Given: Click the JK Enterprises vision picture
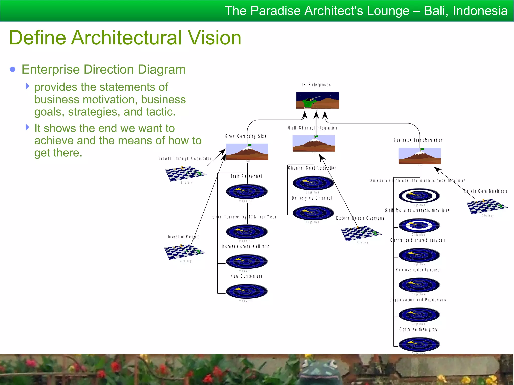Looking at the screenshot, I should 317,100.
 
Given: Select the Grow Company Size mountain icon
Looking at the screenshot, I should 247,152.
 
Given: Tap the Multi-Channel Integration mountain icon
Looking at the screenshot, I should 314,143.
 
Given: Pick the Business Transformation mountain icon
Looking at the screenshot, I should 420,156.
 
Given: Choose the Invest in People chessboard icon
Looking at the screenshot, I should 185,252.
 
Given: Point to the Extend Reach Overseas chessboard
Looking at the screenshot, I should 362,233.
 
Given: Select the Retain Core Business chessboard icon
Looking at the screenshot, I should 487,206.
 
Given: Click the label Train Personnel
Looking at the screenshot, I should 246,176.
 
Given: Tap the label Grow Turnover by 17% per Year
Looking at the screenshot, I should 244,217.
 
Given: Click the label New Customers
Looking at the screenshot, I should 246,276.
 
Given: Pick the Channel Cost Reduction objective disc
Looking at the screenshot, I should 313,183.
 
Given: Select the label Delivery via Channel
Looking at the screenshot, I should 312,198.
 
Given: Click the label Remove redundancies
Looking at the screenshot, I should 418,270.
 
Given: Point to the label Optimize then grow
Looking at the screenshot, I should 418,329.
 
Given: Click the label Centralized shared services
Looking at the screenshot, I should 418,240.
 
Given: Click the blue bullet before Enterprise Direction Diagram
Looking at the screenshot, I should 13,69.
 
